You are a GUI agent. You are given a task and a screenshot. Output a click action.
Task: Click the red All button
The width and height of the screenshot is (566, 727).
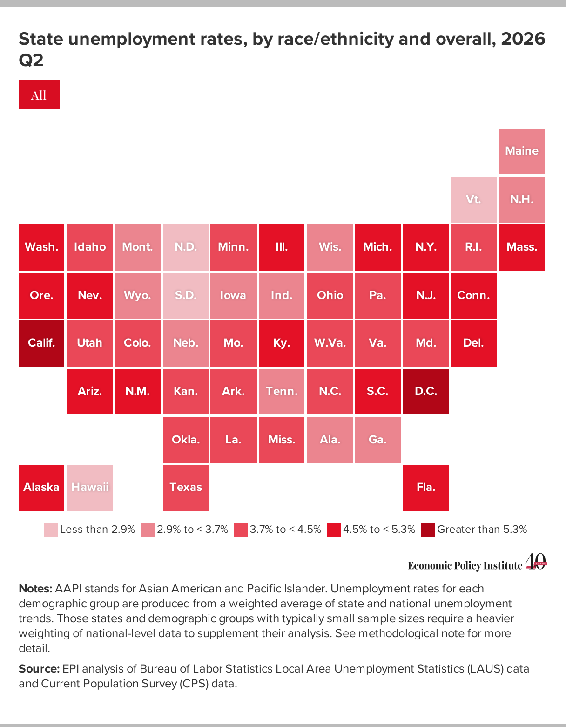39,95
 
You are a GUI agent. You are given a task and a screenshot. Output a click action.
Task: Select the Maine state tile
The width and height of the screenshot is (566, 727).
521,151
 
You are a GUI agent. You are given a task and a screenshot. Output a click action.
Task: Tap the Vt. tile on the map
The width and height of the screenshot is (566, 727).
473,200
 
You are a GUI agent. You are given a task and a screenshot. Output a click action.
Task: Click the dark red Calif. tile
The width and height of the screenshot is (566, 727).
41,344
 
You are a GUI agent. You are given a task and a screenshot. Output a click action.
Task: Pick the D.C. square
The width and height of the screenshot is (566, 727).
425,391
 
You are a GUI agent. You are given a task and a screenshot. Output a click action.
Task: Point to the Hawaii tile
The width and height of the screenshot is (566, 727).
89,488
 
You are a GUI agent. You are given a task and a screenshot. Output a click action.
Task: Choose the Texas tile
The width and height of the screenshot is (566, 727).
186,488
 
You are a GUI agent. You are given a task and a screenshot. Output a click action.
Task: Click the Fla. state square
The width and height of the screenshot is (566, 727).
425,488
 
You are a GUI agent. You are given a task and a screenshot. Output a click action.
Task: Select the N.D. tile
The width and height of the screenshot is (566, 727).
186,248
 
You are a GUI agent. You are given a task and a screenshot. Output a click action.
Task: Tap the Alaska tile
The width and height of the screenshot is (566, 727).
41,488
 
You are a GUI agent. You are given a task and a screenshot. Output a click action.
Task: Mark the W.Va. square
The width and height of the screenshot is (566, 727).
330,344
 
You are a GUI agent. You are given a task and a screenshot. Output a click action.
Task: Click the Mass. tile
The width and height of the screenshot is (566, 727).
521,248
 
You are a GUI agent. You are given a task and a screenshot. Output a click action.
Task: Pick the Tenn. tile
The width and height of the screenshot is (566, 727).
282,391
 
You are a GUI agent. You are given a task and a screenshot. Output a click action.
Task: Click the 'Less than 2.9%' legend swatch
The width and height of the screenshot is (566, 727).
50,530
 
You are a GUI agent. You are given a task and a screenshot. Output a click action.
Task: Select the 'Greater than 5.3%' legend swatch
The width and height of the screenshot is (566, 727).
428,530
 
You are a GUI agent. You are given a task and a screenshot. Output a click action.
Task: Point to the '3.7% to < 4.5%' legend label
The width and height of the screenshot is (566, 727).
285,529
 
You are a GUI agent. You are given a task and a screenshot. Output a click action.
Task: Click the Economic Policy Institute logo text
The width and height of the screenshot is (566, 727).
465,566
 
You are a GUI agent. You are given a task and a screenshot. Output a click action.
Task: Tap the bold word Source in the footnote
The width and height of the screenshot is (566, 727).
39,668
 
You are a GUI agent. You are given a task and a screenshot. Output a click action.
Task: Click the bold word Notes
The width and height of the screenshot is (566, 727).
35,589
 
